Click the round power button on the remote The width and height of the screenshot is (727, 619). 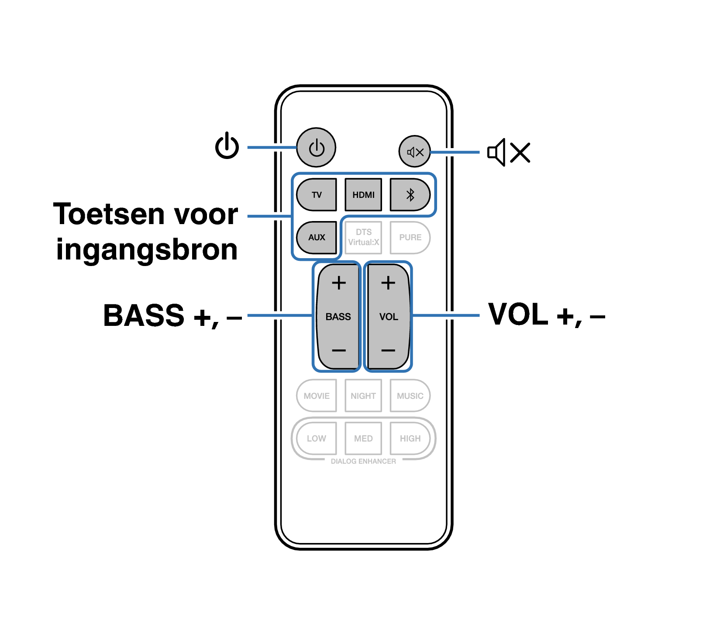(316, 147)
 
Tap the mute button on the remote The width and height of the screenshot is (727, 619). (415, 152)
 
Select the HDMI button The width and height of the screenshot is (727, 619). (363, 194)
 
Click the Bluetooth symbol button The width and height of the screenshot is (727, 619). (410, 194)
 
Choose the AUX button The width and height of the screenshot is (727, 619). (317, 237)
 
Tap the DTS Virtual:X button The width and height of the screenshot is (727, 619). (363, 237)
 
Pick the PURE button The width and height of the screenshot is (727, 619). (410, 237)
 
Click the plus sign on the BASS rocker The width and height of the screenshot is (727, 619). (339, 283)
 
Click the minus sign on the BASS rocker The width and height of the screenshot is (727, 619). (339, 350)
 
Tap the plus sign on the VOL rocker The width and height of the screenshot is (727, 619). (388, 283)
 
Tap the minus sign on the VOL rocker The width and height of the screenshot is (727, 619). (388, 350)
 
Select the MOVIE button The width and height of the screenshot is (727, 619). (317, 396)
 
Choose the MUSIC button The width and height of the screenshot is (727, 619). (410, 396)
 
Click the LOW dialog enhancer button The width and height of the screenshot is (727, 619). (317, 438)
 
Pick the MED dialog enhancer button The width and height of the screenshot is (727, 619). (363, 438)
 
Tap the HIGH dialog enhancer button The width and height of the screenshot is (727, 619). (410, 438)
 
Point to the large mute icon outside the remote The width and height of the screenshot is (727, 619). (509, 152)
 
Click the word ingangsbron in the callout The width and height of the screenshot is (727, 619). (147, 250)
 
